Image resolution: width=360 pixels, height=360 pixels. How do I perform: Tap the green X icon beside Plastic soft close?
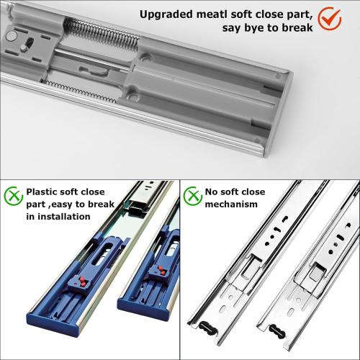pyautogui.click(x=13, y=195)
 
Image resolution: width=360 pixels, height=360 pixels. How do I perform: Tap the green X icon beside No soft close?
pyautogui.click(x=192, y=194)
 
